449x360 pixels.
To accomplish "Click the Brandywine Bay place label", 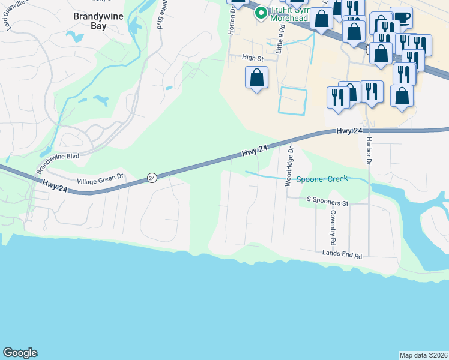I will point(98,22).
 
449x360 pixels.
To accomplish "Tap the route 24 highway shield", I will point(152,178).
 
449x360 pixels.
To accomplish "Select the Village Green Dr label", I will point(100,178).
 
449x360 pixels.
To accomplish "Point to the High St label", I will point(253,58).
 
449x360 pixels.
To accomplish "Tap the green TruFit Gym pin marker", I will point(261,13).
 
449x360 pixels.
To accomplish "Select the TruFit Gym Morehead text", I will point(289,13).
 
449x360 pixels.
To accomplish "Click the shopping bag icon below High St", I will point(257,77).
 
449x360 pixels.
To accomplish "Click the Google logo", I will point(20,353).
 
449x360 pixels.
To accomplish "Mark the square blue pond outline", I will point(292,100).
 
